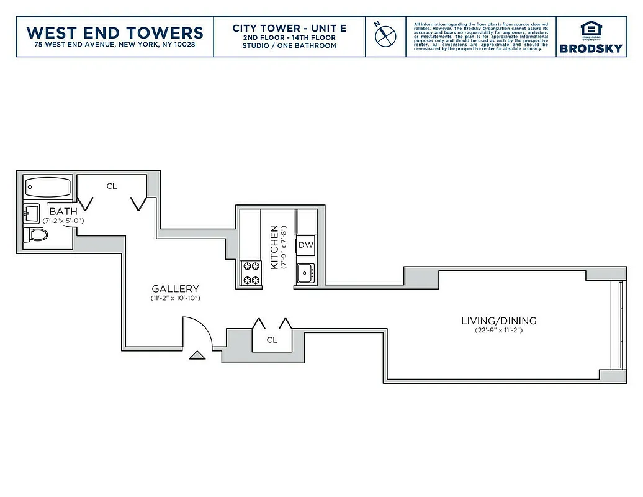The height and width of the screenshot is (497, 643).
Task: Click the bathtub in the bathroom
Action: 48,187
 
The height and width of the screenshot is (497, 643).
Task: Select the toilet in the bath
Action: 36,236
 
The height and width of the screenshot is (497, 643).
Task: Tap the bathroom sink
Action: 30,214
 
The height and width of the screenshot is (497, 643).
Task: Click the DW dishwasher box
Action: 306,245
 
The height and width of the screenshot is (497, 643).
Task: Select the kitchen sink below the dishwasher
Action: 305,273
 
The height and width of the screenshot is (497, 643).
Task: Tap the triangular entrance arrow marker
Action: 197,355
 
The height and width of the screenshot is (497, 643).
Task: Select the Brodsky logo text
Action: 590,48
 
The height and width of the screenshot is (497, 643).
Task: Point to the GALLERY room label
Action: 176,289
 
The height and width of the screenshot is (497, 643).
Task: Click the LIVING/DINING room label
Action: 498,321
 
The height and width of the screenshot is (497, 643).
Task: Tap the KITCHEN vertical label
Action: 274,247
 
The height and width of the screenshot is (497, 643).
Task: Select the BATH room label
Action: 63,212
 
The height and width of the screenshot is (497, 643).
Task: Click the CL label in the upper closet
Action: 112,186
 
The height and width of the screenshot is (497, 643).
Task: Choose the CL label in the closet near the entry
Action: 272,340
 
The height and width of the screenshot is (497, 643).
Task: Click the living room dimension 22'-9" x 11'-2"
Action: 498,331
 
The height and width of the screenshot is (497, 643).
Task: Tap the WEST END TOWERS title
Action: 115,32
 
